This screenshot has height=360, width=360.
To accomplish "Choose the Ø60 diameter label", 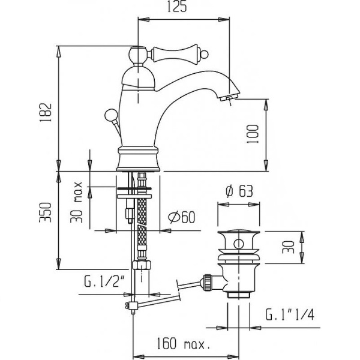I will click(179, 217).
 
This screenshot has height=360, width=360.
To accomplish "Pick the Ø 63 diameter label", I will click(238, 191).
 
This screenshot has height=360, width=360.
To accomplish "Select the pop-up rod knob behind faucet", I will click(111, 114).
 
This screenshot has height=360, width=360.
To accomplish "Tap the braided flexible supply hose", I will click(142, 219).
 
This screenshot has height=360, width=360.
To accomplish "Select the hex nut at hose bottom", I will click(142, 265).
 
